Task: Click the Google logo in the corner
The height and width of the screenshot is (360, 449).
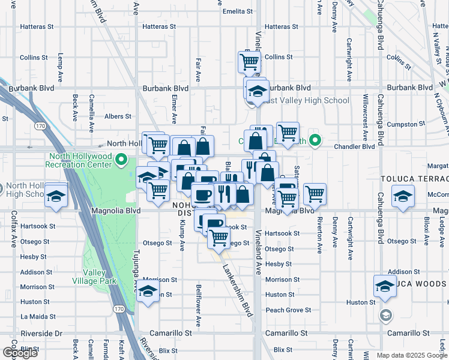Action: click(20, 353)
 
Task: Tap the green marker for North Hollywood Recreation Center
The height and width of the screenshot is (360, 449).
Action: click(121, 160)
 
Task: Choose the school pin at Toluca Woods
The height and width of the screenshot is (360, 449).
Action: click(385, 287)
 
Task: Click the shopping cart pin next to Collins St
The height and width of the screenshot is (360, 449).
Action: click(249, 61)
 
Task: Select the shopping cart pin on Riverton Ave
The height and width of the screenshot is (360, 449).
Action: click(315, 194)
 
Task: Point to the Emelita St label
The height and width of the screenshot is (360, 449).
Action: click(237, 11)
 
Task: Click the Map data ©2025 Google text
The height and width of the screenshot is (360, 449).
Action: click(411, 355)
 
